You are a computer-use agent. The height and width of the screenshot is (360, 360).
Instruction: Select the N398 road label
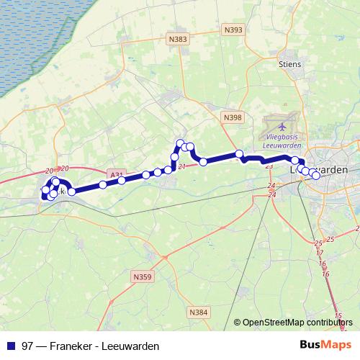click(233, 117)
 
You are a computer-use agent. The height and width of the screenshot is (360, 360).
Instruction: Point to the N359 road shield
click(143, 275)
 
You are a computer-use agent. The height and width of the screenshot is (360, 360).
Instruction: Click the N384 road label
click(198, 312)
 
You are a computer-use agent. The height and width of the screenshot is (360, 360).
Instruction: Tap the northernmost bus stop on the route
click(181, 143)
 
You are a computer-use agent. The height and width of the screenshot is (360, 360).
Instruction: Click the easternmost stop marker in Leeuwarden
click(315, 175)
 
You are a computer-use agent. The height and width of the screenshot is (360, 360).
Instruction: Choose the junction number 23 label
click(269, 166)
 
